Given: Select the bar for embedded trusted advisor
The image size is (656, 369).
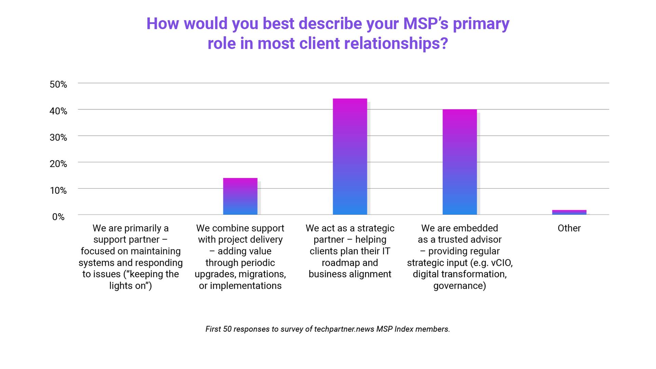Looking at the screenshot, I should pyautogui.click(x=460, y=162).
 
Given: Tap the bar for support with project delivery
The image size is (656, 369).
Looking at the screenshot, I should pyautogui.click(x=240, y=196).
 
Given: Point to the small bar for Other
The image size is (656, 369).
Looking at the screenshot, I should pyautogui.click(x=569, y=212).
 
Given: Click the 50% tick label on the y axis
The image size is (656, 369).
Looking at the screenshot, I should pyautogui.click(x=58, y=84).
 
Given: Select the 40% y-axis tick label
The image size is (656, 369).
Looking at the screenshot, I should pyautogui.click(x=58, y=111).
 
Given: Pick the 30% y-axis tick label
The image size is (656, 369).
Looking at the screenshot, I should pyautogui.click(x=58, y=137).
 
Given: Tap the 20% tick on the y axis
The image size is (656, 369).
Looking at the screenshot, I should pyautogui.click(x=58, y=164).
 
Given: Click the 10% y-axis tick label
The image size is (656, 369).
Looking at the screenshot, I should pyautogui.click(x=58, y=190).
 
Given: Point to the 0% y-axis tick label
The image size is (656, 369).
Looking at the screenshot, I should pyautogui.click(x=58, y=217).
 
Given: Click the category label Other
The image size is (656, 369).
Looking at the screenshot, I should pyautogui.click(x=569, y=228).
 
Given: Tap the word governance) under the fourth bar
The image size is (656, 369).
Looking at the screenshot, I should pyautogui.click(x=460, y=286).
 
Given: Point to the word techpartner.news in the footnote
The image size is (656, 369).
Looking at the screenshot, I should pyautogui.click(x=344, y=329).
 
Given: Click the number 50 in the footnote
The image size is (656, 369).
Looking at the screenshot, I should pyautogui.click(x=227, y=329).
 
